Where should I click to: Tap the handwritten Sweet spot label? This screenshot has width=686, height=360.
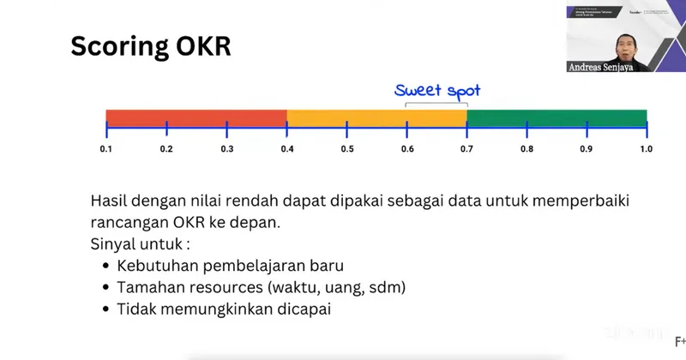[x=437, y=90]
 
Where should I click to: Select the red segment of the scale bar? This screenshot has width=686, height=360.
[x=196, y=118]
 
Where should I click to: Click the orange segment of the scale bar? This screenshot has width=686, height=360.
[x=376, y=118]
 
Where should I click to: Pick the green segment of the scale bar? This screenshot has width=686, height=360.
[x=557, y=118]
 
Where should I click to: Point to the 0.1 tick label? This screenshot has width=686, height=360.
[x=106, y=149]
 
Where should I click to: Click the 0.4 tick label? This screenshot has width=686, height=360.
[x=286, y=149]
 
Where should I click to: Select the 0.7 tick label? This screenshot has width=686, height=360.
[x=466, y=149]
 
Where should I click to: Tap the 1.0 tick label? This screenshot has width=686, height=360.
[x=646, y=149]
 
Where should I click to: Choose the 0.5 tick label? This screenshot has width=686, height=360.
[x=346, y=149]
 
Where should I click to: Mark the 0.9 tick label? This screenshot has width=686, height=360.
[x=587, y=149]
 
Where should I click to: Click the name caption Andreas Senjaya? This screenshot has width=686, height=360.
[x=604, y=67]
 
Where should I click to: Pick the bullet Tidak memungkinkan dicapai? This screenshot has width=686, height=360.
[x=223, y=309]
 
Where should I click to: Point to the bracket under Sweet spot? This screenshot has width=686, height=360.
[x=436, y=104]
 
